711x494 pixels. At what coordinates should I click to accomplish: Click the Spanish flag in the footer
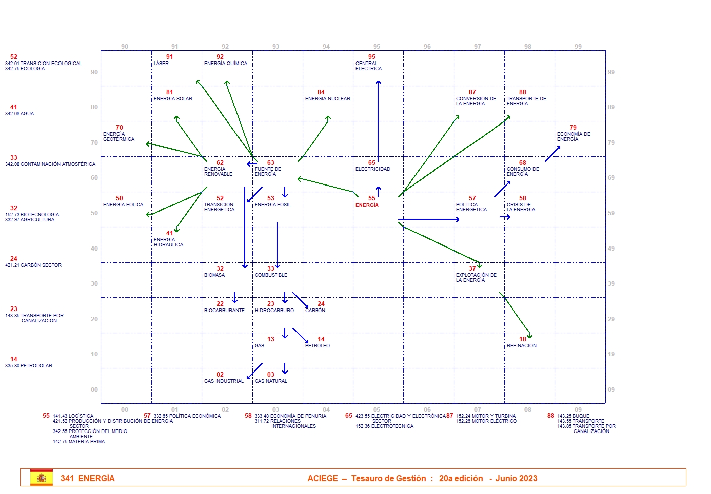point(41,478)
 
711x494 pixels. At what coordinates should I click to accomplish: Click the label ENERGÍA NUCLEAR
point(327,99)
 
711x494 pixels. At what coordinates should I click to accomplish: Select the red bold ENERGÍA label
point(367,205)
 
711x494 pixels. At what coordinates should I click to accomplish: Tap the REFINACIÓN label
point(521,346)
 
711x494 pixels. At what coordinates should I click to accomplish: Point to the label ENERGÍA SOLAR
point(172,99)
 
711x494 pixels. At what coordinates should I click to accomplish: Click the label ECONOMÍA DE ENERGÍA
point(573,137)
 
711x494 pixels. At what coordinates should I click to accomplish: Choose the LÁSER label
point(161,64)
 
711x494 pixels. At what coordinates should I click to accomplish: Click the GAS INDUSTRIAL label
point(223,381)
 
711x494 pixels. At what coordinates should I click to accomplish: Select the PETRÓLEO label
point(317,346)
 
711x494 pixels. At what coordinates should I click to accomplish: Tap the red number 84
point(321,92)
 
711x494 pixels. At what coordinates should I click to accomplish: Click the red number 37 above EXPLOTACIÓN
point(472,269)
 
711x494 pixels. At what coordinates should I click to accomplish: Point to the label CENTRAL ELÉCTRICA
point(369,66)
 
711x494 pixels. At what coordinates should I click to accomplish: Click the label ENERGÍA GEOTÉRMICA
point(118,137)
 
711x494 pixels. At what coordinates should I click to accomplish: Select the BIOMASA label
point(214,275)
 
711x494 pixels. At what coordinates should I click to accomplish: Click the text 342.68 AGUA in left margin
point(20,114)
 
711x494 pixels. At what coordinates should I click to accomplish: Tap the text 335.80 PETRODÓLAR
point(29,366)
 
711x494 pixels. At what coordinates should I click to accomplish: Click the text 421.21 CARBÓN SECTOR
point(33,265)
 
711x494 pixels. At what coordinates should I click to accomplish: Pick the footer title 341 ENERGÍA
point(88,479)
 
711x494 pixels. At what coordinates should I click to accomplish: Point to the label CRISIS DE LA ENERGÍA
point(521,207)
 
